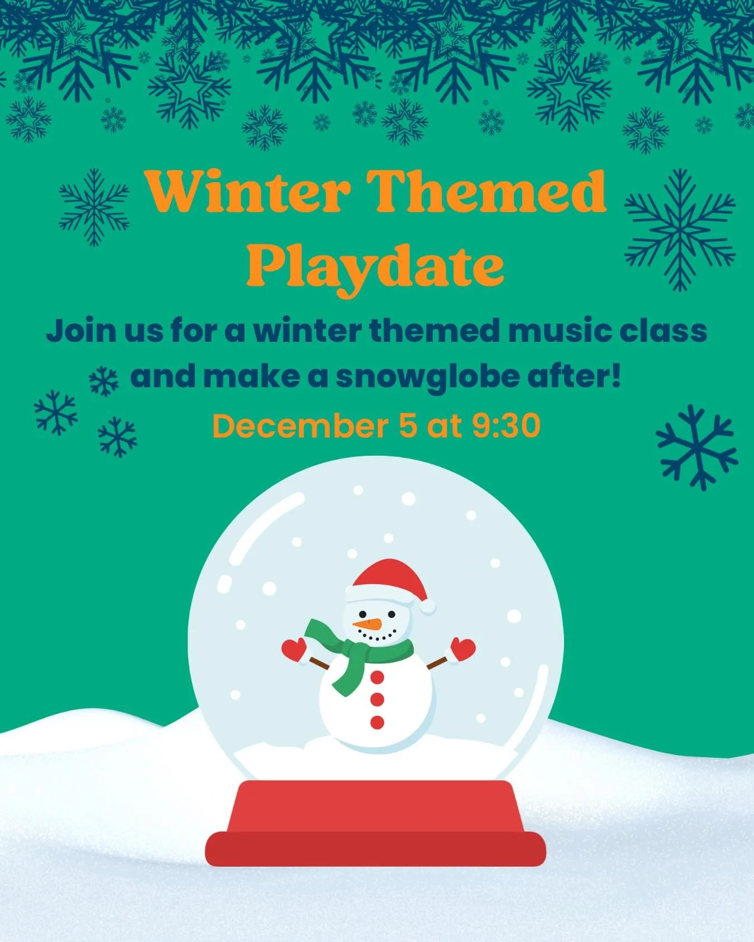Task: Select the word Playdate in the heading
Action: click(x=375, y=266)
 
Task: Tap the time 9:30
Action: click(x=506, y=426)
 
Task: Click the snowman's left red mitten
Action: click(x=294, y=649)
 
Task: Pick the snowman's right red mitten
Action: click(x=463, y=648)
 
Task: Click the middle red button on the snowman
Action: click(x=378, y=699)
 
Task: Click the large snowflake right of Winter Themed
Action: click(x=680, y=229)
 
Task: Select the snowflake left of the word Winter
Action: click(x=94, y=207)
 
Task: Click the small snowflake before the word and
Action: click(x=104, y=381)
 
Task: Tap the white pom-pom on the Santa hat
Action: click(x=428, y=606)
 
